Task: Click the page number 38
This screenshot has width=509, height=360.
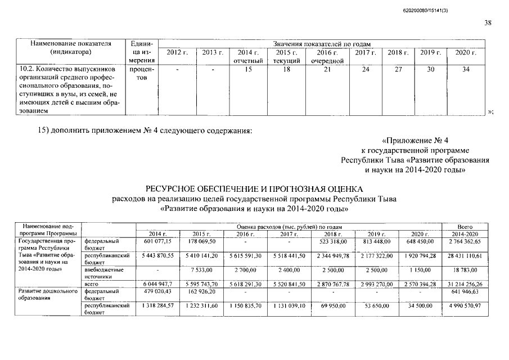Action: coord(487,22)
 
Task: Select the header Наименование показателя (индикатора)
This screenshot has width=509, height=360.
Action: coord(70,48)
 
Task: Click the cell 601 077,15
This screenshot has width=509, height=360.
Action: coord(157,241)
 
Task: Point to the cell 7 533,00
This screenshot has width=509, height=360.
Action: coord(201,270)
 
